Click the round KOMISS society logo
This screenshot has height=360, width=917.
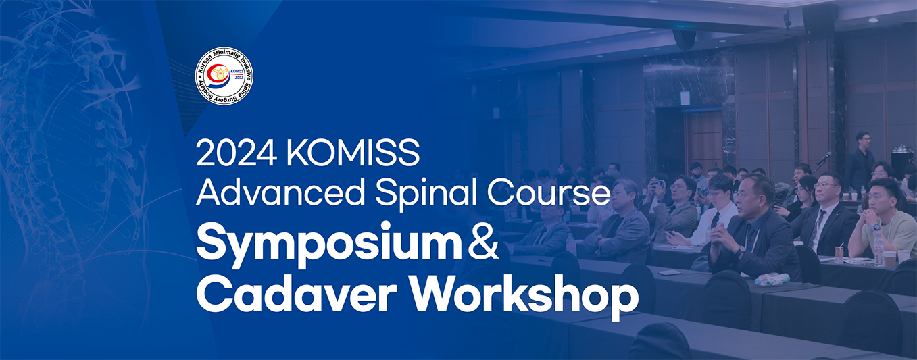(x=224, y=76)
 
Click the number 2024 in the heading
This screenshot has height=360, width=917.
(x=235, y=153)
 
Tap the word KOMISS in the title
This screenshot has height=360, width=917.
(x=353, y=153)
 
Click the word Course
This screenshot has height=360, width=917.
(x=549, y=193)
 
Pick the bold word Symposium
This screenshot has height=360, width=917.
(x=328, y=245)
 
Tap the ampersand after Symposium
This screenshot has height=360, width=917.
(x=482, y=245)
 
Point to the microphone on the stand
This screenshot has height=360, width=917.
(x=824, y=158)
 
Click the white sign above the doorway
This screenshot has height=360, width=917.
(x=685, y=98)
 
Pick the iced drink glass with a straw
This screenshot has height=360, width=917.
(x=839, y=255)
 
